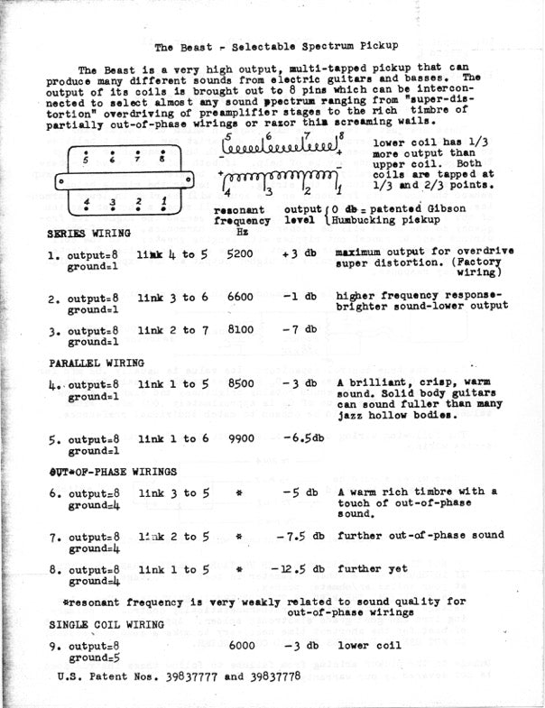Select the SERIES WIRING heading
tap(88, 233)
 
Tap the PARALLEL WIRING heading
tap(96, 363)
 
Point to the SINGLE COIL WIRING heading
tap(106, 624)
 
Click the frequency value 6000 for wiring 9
tap(242, 646)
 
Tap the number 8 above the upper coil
tap(341, 135)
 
